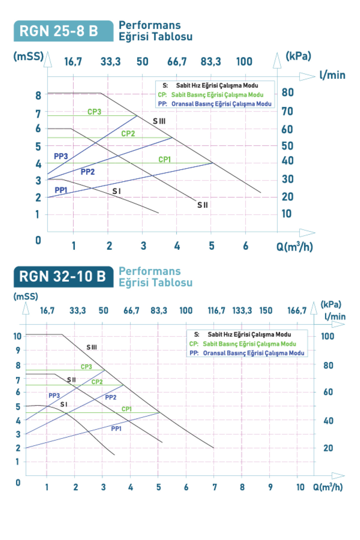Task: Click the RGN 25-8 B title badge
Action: [64, 31]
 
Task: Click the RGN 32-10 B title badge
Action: [64, 277]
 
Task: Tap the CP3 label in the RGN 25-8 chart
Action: [94, 112]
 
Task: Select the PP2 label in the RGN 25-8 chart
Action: [88, 172]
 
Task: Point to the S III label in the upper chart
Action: [159, 121]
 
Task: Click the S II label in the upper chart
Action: [202, 205]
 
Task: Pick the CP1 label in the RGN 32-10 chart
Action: [127, 409]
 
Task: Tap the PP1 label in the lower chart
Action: [116, 429]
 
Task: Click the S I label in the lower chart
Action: [64, 404]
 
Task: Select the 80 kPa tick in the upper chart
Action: [287, 92]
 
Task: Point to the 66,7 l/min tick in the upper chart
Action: [177, 61]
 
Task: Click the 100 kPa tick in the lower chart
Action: [327, 336]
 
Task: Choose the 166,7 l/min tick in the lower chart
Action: [297, 310]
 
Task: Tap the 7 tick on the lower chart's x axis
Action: [214, 487]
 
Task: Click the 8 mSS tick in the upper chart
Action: [38, 95]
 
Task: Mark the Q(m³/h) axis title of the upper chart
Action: [294, 247]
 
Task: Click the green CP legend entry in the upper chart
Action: [211, 95]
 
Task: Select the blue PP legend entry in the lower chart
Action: [247, 353]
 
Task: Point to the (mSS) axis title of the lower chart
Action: [26, 296]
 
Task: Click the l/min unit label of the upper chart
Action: [332, 75]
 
